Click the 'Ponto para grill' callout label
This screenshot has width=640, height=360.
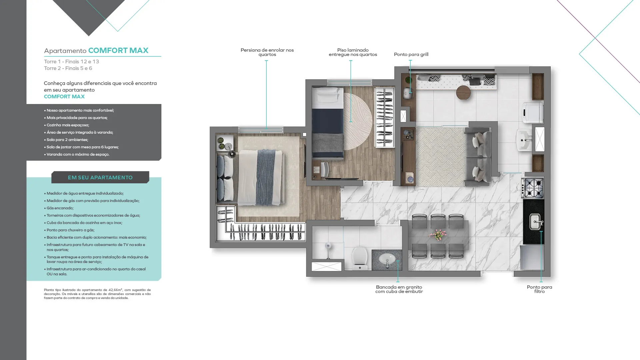coord(411,54)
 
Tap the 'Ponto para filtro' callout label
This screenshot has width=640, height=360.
coord(539,289)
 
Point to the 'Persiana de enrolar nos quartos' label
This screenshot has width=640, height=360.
coord(267,52)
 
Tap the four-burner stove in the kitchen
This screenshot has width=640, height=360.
coord(533,188)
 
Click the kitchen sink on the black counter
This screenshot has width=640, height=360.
coord(535,222)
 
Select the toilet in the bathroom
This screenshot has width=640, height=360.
coord(360,258)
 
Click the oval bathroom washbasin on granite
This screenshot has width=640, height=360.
coord(388,259)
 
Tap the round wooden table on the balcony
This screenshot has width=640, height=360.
coord(463,93)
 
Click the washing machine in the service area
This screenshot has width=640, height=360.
coord(532,112)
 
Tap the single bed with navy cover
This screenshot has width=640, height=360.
coord(328,122)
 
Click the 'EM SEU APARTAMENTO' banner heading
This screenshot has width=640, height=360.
coord(100,178)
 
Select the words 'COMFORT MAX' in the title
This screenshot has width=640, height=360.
coord(118,50)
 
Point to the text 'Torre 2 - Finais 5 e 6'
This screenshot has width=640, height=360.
coord(68,68)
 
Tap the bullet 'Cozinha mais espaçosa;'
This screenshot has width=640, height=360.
coord(67,125)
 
